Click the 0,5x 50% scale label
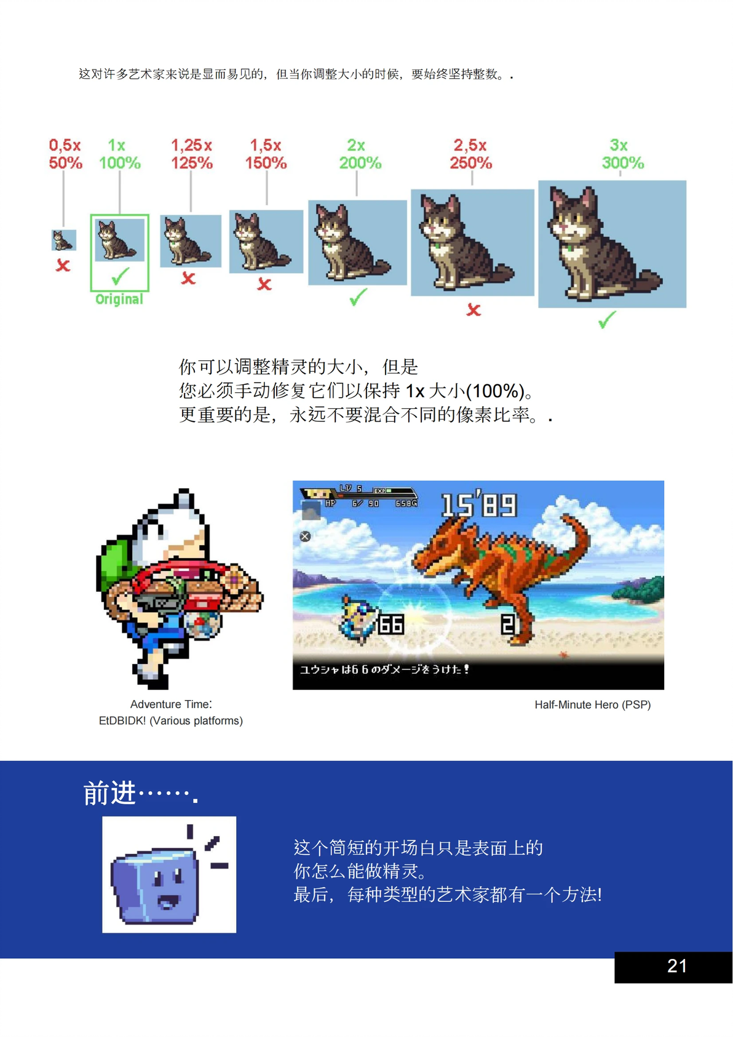[x=65, y=154]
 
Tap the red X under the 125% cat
[x=188, y=278]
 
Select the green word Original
[x=119, y=299]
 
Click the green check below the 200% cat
[x=357, y=298]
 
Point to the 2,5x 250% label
[x=470, y=154]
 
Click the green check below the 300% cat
[x=607, y=320]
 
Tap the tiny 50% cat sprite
[x=63, y=240]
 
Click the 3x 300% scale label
[x=622, y=154]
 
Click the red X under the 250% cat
[x=473, y=310]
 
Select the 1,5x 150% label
[x=266, y=154]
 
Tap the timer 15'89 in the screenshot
[x=479, y=505]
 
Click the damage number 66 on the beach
[x=390, y=625]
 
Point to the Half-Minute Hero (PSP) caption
[x=592, y=704]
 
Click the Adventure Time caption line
[x=171, y=704]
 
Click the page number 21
[x=676, y=966]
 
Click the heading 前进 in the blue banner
[x=110, y=793]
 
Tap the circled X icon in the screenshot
[x=305, y=536]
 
